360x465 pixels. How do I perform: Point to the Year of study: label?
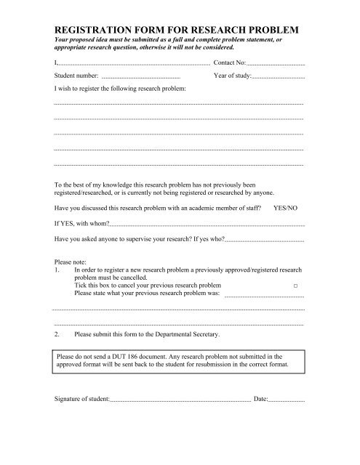point(233,76)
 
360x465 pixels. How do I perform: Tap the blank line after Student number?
point(141,78)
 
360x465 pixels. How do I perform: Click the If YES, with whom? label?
point(82,223)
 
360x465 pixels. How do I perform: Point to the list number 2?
point(57,334)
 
